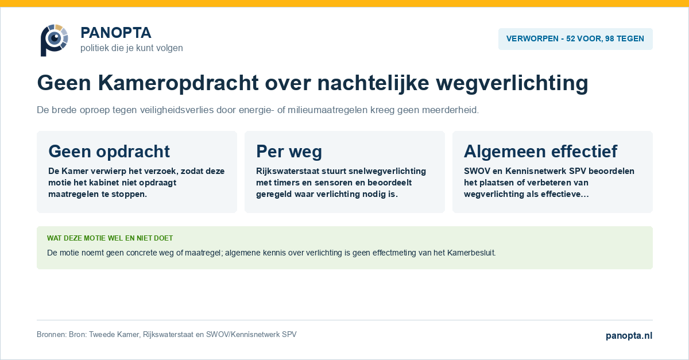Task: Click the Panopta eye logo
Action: click(54, 40)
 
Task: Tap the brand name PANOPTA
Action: click(116, 33)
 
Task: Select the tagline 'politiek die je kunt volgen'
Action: click(131, 48)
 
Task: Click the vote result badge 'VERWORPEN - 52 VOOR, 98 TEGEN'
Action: click(575, 39)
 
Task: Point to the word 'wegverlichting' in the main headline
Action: click(512, 83)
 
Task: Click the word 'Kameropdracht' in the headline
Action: click(178, 83)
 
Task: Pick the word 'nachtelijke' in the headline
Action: click(373, 83)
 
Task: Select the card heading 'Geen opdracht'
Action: click(109, 152)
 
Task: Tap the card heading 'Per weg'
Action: click(289, 152)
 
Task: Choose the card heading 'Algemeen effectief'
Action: click(540, 152)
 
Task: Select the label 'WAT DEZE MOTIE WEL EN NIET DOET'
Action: click(110, 238)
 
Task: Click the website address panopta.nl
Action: click(629, 335)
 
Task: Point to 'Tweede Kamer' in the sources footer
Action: click(114, 335)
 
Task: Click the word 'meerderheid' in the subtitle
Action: click(450, 110)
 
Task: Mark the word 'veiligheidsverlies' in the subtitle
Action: click(177, 110)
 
